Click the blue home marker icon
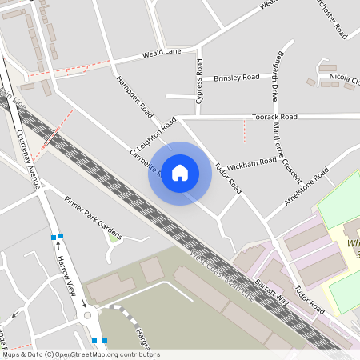(x=180, y=173)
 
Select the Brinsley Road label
(x=237, y=78)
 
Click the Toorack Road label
(x=274, y=117)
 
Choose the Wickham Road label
(x=252, y=164)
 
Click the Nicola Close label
(x=345, y=78)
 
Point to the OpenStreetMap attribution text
(x=80, y=354)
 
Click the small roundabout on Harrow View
(x=87, y=315)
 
